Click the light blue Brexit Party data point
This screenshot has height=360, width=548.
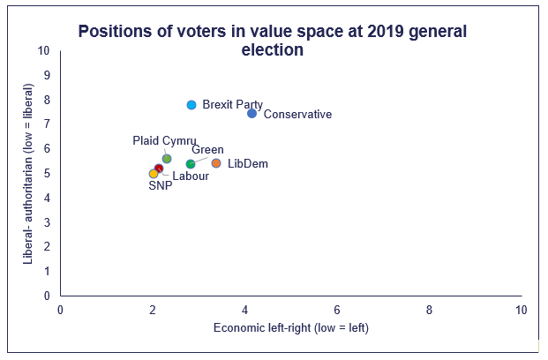(x=191, y=105)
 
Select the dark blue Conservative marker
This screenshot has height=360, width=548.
(x=252, y=113)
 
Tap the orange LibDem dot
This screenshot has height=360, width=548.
(x=216, y=163)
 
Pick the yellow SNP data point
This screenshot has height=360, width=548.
(x=154, y=174)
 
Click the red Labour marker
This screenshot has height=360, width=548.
(x=159, y=169)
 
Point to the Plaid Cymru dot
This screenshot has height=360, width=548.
(x=167, y=159)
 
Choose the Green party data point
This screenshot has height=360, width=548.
(x=191, y=164)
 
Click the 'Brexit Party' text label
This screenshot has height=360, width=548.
(x=232, y=105)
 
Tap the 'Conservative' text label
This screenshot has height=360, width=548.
(x=297, y=115)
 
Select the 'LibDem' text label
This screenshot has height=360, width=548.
(x=247, y=164)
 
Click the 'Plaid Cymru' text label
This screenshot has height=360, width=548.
(x=164, y=140)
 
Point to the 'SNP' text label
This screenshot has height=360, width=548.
(x=161, y=186)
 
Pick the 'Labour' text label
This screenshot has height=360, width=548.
(x=191, y=176)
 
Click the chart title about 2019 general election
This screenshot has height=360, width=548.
(x=273, y=41)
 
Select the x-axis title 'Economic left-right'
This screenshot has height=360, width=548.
(x=290, y=328)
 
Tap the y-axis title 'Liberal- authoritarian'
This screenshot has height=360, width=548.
(x=28, y=174)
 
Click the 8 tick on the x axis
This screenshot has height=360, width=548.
(x=429, y=310)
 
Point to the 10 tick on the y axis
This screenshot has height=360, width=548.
(x=44, y=50)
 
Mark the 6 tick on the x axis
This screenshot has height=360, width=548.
(x=337, y=310)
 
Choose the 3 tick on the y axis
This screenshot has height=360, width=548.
(x=47, y=222)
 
